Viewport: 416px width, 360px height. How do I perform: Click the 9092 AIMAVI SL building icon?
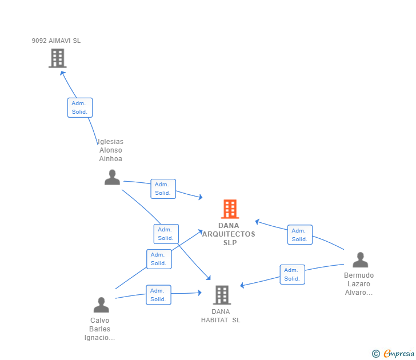pos(57,58)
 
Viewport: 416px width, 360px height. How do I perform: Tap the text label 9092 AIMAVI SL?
pos(56,41)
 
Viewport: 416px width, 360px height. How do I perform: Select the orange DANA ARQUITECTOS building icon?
pos(230,209)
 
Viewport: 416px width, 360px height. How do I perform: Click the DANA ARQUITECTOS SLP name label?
pos(229,234)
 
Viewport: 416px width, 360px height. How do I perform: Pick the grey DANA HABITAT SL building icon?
pos(222,295)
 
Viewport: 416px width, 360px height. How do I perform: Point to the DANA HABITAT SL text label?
pos(221,316)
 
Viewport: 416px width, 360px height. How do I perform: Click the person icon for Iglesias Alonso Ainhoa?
pos(112,177)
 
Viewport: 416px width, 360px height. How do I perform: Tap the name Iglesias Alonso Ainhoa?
pos(110,150)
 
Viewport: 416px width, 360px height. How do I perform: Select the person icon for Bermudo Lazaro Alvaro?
pos(360,260)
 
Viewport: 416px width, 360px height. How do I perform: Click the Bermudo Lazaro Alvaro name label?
pos(359,284)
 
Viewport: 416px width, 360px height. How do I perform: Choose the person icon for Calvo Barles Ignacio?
pos(101,305)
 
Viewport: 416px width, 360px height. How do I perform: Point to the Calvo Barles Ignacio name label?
pos(100,329)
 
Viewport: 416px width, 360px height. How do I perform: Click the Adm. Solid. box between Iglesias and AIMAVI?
pos(80,107)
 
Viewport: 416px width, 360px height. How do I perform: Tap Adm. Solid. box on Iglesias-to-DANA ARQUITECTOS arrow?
pos(163,189)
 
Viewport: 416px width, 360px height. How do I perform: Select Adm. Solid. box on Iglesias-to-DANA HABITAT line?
pos(166,234)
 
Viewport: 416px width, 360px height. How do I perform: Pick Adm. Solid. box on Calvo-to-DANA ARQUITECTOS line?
pos(158,259)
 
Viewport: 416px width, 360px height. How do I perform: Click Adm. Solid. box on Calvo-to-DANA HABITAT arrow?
pos(158,295)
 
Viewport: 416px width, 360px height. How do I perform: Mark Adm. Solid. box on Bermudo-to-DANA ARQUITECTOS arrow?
pos(299,235)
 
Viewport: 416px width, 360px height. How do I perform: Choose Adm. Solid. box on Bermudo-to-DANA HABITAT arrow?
pos(292,274)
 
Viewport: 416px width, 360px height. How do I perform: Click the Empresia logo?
pos(394,353)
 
